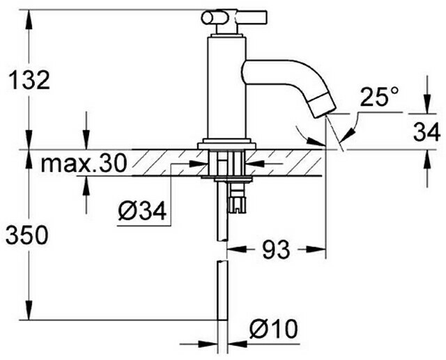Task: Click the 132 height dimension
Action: (29, 80)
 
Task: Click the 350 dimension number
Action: (27, 235)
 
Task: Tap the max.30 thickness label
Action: (84, 164)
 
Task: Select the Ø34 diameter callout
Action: (142, 212)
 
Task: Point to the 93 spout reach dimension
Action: (276, 250)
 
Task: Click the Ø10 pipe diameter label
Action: (273, 329)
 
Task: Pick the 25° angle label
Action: (379, 97)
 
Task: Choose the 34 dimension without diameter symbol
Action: (426, 132)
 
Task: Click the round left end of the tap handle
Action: (207, 18)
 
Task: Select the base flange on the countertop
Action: (227, 144)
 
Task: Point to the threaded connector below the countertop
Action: (237, 197)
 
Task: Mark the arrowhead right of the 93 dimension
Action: (316, 250)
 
